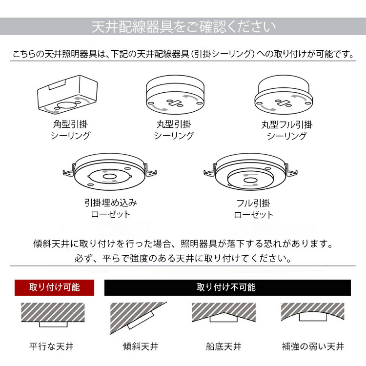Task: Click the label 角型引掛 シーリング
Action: pos(70,130)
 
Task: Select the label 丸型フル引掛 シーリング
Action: pos(286,130)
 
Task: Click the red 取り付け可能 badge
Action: pos(54,287)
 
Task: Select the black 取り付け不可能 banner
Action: pos(227,287)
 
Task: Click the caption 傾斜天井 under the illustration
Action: pos(140,347)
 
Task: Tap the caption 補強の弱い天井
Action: pos(313,347)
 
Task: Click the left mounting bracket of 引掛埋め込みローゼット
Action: pos(69,172)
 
